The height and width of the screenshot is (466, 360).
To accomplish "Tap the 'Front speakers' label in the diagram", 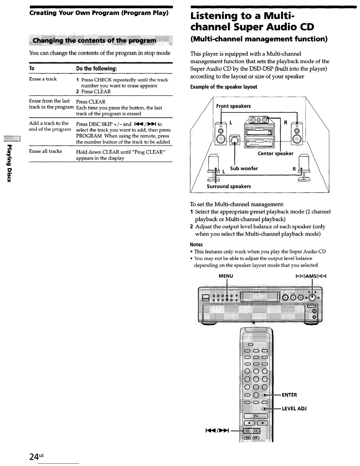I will pyautogui.click(x=233, y=106).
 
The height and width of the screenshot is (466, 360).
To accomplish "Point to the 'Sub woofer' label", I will pyautogui.click(x=244, y=169).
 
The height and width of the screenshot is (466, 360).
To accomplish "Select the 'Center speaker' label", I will pyautogui.click(x=275, y=154).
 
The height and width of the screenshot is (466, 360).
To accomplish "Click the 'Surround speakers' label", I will pyautogui.click(x=229, y=187).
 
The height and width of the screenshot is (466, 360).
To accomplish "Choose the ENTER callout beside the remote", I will pyautogui.click(x=289, y=395).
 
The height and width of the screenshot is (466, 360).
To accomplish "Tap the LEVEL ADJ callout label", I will pyautogui.click(x=294, y=409).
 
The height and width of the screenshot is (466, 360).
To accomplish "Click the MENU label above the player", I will pyautogui.click(x=226, y=276).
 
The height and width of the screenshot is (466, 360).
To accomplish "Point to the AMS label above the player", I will pyautogui.click(x=309, y=276).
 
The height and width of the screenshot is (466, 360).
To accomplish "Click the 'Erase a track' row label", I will pyautogui.click(x=43, y=79).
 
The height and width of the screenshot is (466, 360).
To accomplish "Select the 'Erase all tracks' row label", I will pyautogui.click(x=45, y=151).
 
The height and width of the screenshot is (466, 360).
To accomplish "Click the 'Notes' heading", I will pyautogui.click(x=196, y=244).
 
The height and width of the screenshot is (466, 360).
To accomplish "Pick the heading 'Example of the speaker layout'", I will pyautogui.click(x=224, y=87).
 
